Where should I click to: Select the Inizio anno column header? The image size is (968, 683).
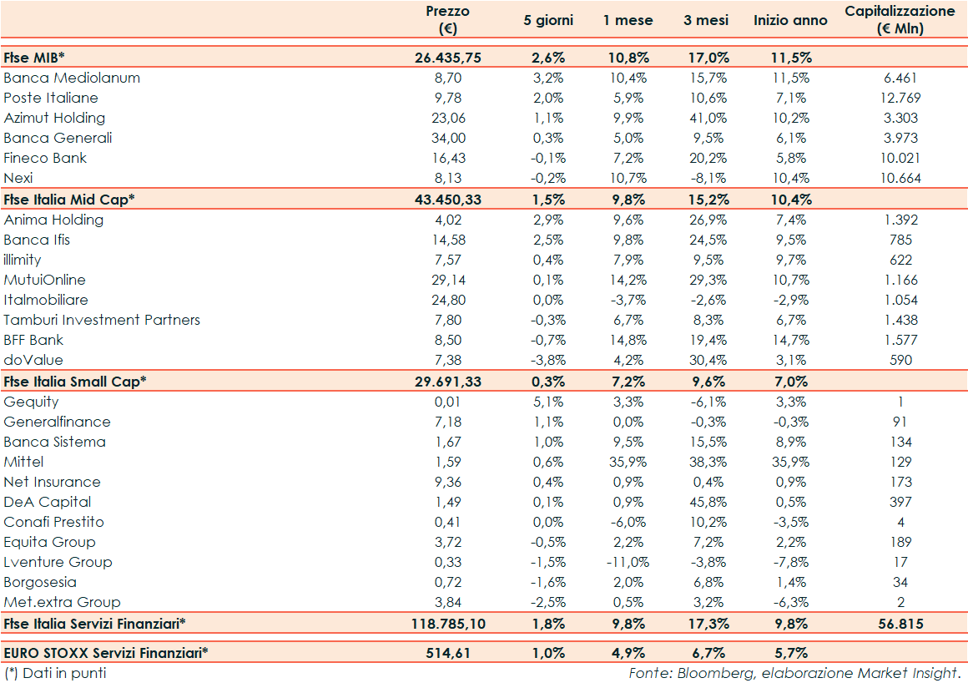click(x=790, y=20)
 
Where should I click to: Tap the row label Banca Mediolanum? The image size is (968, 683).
click(x=72, y=78)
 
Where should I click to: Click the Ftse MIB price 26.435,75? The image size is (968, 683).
click(x=448, y=58)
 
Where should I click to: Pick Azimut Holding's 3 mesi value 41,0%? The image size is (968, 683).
click(x=706, y=118)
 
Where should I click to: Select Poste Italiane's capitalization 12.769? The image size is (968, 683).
click(x=900, y=98)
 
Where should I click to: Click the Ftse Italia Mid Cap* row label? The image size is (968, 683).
click(x=69, y=200)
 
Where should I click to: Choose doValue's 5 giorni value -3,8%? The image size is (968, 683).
click(x=548, y=360)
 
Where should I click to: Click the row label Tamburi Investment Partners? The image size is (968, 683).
click(x=102, y=320)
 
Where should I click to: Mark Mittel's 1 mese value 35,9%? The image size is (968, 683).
click(x=628, y=462)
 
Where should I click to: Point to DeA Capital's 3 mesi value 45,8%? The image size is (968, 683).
click(x=706, y=502)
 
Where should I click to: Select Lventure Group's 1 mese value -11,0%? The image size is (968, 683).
click(x=627, y=562)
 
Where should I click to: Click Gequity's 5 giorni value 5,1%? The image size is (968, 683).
click(x=548, y=402)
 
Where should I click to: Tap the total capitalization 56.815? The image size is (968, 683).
click(x=900, y=624)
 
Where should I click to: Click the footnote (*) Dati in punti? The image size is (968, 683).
click(x=55, y=672)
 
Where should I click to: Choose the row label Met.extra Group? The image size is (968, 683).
click(x=62, y=602)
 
